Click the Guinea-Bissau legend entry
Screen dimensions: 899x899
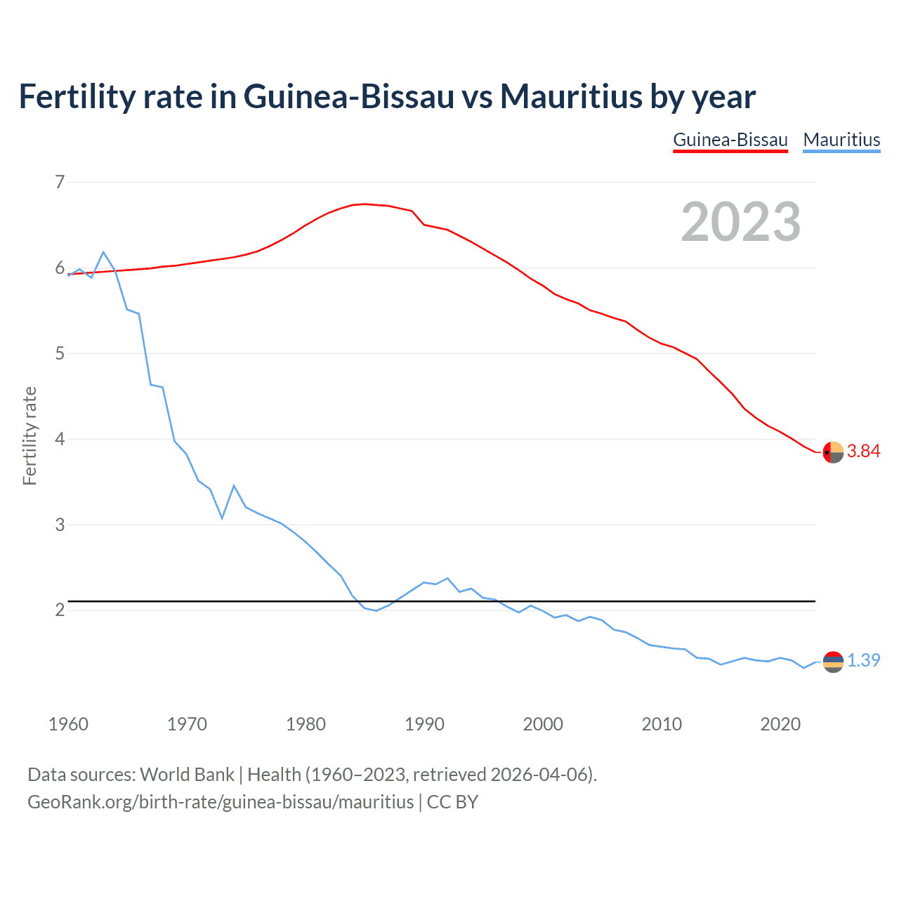click(x=730, y=140)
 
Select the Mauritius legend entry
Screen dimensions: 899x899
click(x=841, y=140)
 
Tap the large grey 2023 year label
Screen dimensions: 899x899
click(x=741, y=222)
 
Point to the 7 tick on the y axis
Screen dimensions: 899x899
click(x=60, y=183)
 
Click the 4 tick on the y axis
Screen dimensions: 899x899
click(x=60, y=440)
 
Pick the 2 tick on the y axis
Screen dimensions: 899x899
click(x=60, y=610)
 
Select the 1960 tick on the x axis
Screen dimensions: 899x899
click(x=68, y=724)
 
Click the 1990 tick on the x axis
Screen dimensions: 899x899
click(x=424, y=724)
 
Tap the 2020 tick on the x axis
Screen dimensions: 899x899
click(x=780, y=724)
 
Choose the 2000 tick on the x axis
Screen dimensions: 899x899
click(x=543, y=724)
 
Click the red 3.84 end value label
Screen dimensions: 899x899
click(x=863, y=452)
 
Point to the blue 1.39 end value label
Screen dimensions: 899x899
click(x=863, y=661)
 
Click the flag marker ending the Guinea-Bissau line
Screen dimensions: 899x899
click(x=833, y=452)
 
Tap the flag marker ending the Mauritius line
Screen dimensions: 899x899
click(x=833, y=662)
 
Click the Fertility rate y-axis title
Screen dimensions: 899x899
click(x=29, y=436)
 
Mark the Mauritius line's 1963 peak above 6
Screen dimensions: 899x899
click(x=103, y=252)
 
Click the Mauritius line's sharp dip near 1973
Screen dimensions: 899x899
click(x=222, y=518)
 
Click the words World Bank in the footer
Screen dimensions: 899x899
click(x=187, y=775)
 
